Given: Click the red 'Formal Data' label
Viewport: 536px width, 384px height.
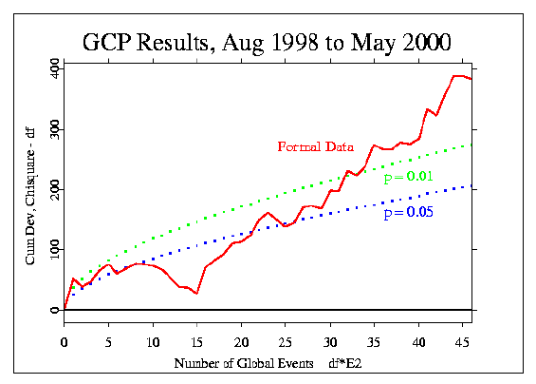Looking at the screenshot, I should [316, 147].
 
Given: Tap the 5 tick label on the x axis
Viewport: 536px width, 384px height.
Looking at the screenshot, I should [108, 342].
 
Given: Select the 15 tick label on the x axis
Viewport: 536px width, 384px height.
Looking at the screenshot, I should [196, 342].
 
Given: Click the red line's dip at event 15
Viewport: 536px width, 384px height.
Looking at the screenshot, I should [196, 293].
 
